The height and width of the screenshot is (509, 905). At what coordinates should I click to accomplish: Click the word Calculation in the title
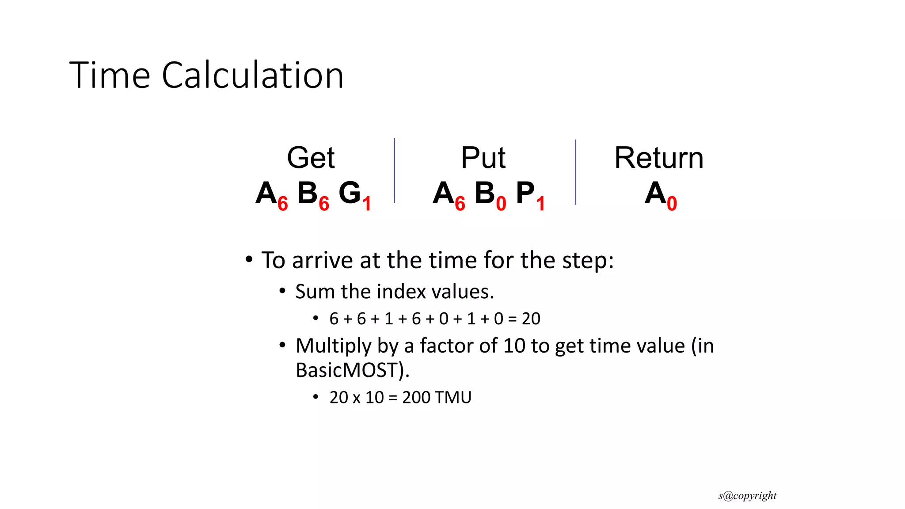pyautogui.click(x=252, y=75)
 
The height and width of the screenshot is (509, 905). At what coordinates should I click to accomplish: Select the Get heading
pyautogui.click(x=311, y=158)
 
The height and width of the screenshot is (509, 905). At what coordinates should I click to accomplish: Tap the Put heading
pyautogui.click(x=483, y=158)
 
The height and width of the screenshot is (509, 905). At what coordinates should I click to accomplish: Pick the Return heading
pyautogui.click(x=658, y=158)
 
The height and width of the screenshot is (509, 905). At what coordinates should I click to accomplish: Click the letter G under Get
pyautogui.click(x=350, y=193)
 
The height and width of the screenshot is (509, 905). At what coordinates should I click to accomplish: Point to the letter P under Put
pyautogui.click(x=525, y=193)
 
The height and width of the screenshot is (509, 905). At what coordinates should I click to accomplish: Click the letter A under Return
pyautogui.click(x=655, y=193)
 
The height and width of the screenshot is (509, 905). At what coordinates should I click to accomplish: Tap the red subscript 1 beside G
pyautogui.click(x=366, y=204)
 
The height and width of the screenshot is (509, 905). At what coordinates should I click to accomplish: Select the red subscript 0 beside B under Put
pyautogui.click(x=501, y=204)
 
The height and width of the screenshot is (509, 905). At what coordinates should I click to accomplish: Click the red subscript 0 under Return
pyautogui.click(x=672, y=204)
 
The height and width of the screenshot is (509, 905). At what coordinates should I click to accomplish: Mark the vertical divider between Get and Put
pyautogui.click(x=394, y=171)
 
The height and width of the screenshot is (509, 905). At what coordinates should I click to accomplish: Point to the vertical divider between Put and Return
pyautogui.click(x=576, y=172)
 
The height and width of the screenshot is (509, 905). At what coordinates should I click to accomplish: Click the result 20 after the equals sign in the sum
pyautogui.click(x=531, y=319)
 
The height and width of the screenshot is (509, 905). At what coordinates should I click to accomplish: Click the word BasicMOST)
pyautogui.click(x=352, y=370)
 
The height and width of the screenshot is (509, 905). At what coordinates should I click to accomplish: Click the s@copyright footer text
pyautogui.click(x=747, y=496)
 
